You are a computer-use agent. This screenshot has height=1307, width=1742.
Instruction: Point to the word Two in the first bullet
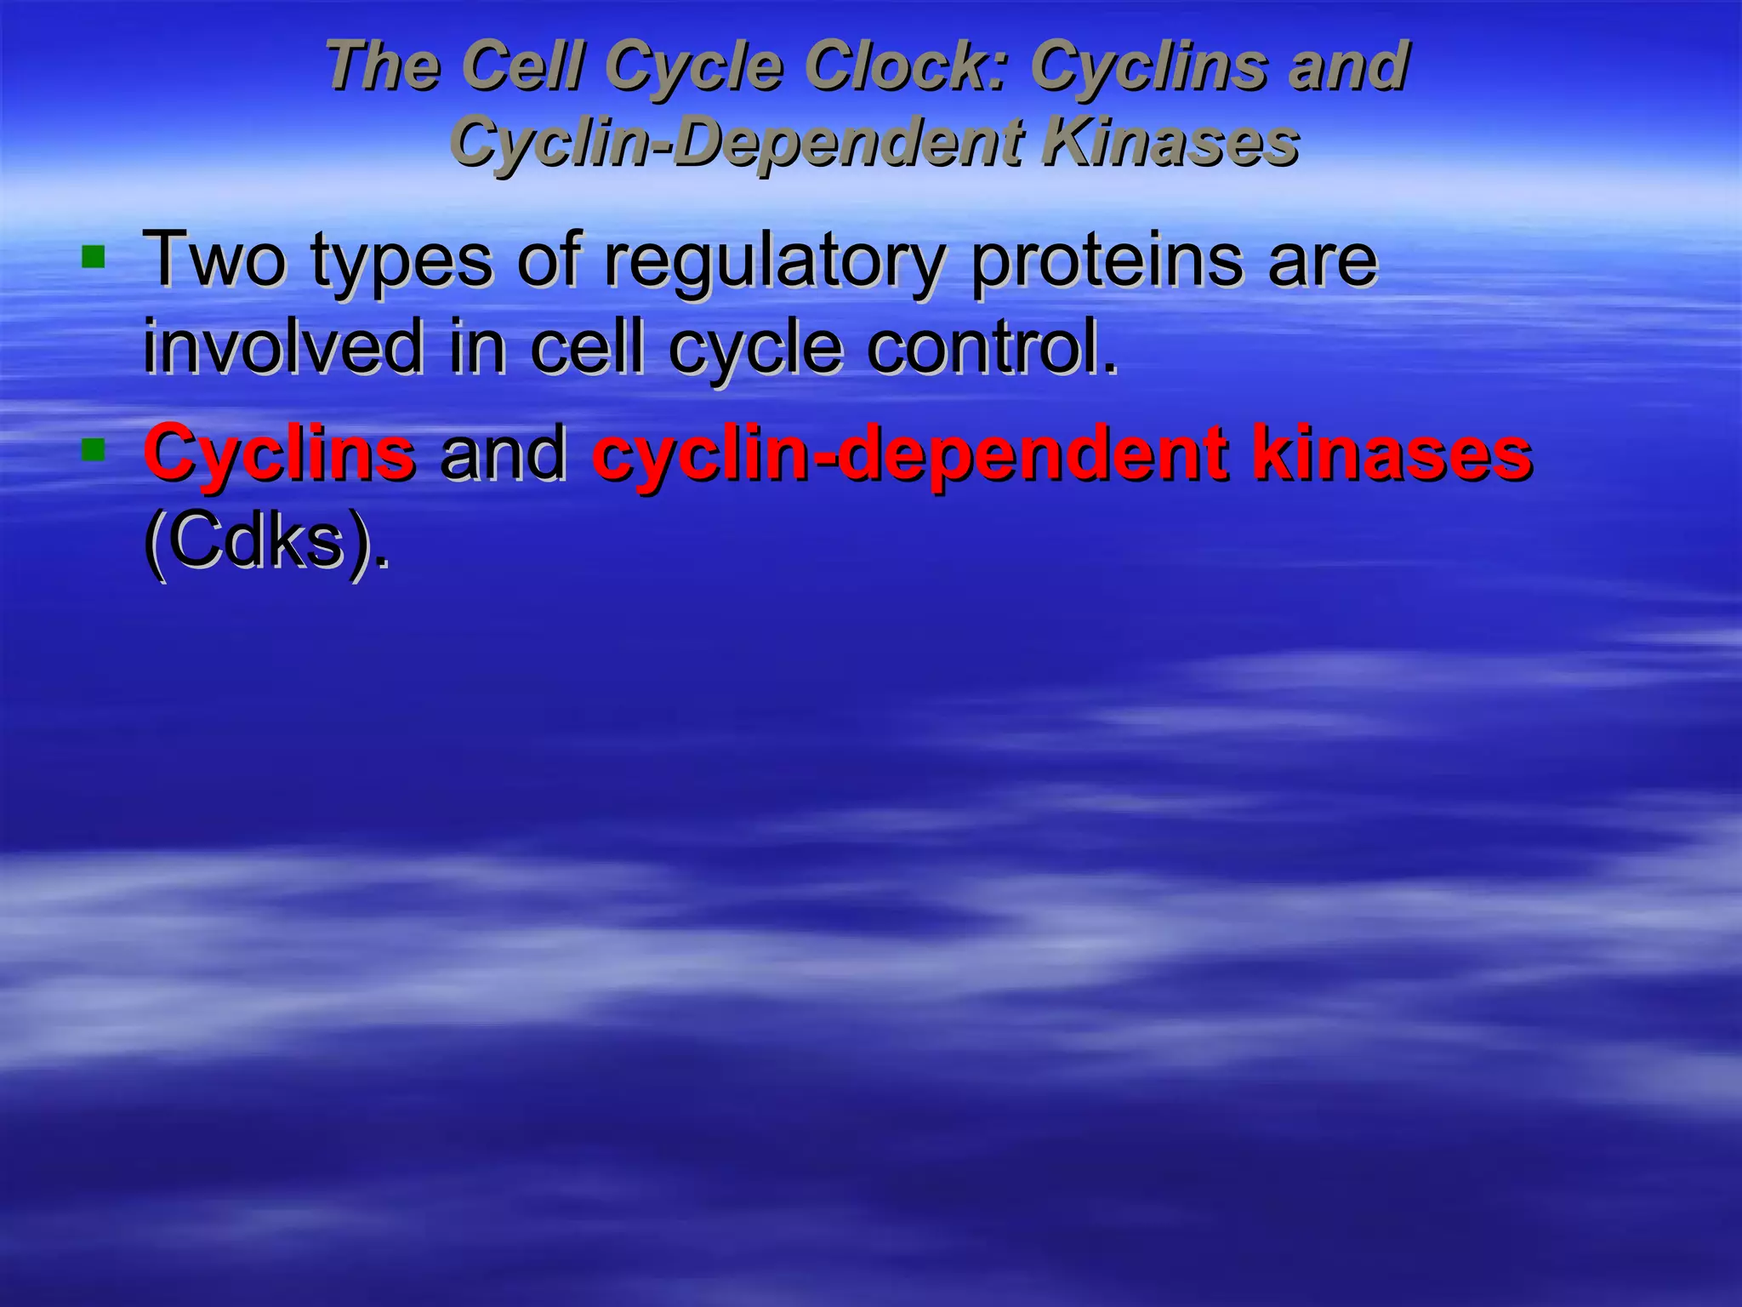215,259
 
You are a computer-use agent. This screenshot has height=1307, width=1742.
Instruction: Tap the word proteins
1107,260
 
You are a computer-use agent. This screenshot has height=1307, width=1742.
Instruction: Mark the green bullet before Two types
93,255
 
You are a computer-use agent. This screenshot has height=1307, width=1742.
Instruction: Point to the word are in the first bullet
1322,260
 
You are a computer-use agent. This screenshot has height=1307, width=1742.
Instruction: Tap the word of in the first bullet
549,259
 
